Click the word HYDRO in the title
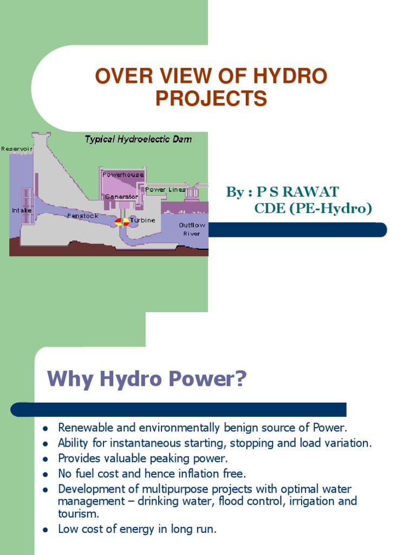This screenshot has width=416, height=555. click(293, 77)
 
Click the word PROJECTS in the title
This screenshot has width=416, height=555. click(211, 99)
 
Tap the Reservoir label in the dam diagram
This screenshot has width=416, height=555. click(17, 149)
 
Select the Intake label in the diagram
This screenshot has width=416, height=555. click(21, 210)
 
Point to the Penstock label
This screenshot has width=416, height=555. click(83, 216)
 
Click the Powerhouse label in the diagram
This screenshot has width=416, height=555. click(123, 175)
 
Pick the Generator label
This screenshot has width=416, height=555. click(122, 196)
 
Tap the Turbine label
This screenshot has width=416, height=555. click(142, 220)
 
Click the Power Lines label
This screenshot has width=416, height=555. click(165, 190)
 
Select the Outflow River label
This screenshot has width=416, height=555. click(192, 229)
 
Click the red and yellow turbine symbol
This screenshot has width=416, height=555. click(122, 221)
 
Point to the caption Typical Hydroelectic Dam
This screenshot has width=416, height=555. click(138, 139)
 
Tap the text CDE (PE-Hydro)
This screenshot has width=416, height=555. click(313, 209)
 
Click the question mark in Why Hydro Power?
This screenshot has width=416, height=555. click(239, 379)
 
